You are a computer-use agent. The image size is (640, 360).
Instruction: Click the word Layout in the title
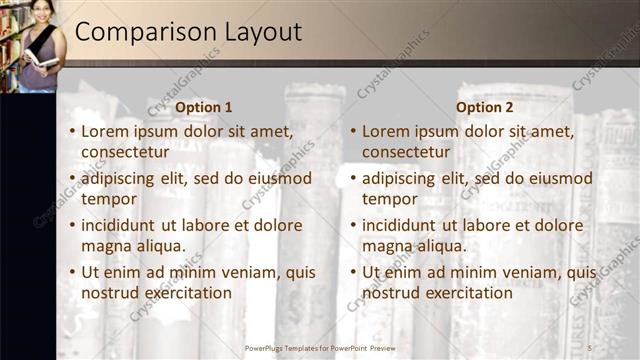255,32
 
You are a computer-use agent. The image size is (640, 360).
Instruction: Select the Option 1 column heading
204,107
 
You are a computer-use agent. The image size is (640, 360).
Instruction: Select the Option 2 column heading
485,107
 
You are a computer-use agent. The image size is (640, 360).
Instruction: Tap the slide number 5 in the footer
589,347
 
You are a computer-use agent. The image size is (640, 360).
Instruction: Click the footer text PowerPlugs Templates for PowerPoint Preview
327,347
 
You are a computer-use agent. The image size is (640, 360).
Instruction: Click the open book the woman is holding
42,60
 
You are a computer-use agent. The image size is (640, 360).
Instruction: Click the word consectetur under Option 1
125,153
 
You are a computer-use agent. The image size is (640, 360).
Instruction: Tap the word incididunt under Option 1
123,226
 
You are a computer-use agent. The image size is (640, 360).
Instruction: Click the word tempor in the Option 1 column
108,199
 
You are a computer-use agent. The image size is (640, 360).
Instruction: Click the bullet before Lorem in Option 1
72,132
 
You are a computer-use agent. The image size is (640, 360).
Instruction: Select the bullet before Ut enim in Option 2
353,272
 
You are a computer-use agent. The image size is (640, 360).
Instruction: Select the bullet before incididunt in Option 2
353,226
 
